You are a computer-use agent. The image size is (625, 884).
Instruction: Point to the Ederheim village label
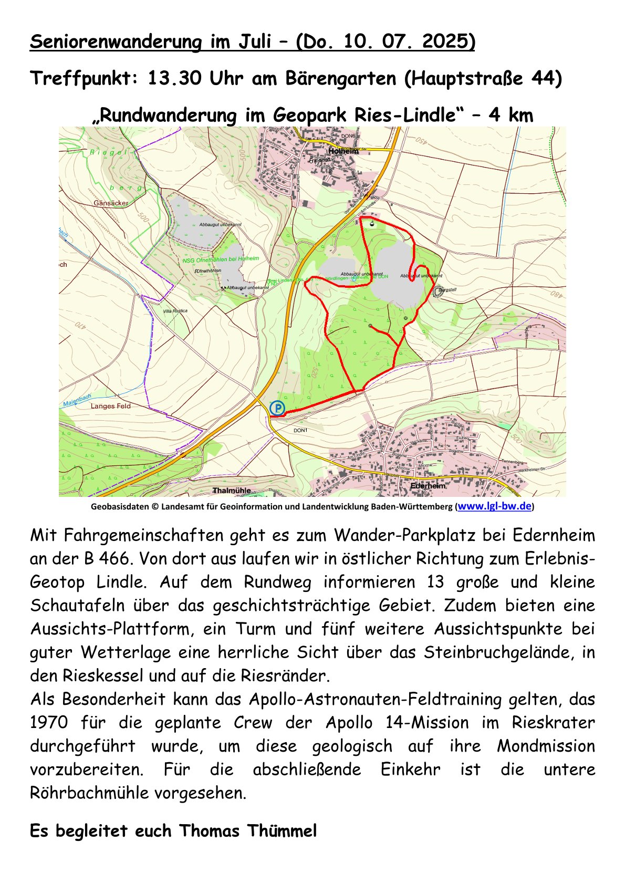click(428, 486)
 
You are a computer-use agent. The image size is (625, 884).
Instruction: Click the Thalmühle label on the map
click(232, 491)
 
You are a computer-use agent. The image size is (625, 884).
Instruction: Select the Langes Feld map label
click(110, 406)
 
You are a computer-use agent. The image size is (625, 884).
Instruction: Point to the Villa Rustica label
click(175, 311)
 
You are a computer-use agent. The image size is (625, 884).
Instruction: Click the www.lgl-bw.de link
click(495, 506)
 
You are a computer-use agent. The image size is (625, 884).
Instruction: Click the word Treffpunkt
click(84, 79)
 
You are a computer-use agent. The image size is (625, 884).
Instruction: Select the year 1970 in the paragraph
click(49, 722)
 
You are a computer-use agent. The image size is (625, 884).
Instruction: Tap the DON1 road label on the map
click(300, 430)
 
